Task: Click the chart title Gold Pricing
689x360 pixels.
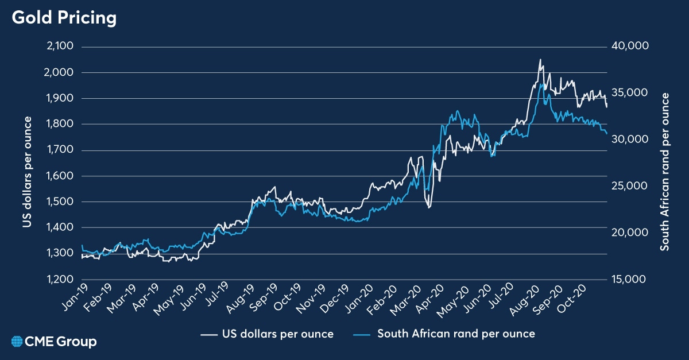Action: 64,18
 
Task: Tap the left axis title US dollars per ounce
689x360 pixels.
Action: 27,163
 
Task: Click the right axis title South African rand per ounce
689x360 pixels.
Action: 665,163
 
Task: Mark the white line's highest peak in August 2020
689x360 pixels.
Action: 540,59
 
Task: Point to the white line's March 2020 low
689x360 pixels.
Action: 428,207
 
